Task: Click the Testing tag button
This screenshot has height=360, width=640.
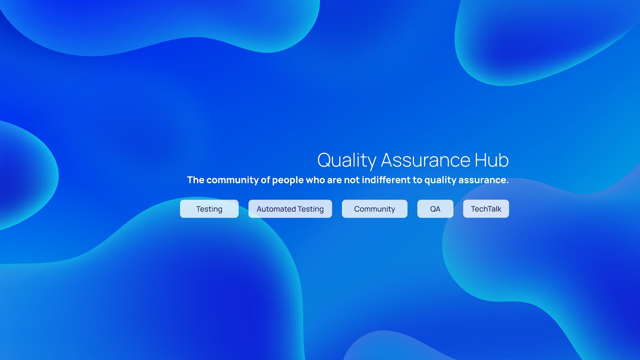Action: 209,209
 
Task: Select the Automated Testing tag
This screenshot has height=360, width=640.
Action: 290,209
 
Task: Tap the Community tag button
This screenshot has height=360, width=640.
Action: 374,209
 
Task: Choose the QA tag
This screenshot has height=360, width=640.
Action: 435,209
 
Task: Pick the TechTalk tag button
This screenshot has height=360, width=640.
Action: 486,209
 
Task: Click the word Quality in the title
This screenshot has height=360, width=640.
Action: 346,160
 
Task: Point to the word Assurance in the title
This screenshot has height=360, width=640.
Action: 425,160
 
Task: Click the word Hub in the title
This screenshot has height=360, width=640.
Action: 491,160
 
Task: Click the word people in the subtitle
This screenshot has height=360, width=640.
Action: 287,180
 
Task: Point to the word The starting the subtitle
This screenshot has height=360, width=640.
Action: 195,179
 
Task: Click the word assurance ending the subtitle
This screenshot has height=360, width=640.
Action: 482,180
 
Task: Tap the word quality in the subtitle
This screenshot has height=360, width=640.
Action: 440,180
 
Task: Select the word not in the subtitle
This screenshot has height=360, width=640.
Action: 351,180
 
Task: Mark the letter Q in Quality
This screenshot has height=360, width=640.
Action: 324,160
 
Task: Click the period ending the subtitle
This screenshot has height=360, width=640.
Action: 507,183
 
